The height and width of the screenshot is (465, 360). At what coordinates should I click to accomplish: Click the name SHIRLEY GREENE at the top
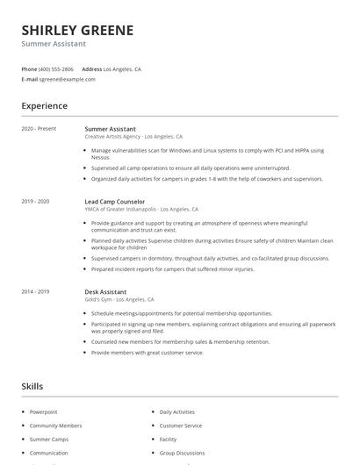coord(77,30)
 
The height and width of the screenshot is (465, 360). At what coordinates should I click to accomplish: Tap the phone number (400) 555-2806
coord(56,68)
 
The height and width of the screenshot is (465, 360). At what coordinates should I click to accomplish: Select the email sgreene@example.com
coord(67,79)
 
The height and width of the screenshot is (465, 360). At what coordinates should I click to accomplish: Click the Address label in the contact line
coord(91,68)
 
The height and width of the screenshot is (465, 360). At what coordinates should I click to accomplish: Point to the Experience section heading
coord(44,106)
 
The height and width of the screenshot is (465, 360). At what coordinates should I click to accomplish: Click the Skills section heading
coord(32,386)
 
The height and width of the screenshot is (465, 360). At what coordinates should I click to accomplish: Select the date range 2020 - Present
coord(39,129)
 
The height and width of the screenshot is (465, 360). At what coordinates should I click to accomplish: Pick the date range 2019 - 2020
coord(35,201)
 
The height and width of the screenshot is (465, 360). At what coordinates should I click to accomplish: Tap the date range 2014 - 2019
coord(35,291)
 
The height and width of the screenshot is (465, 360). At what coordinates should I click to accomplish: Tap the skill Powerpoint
coord(43,411)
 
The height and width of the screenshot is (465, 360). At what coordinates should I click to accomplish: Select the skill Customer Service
coord(180,426)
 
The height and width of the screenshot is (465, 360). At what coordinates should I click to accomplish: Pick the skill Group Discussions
coord(183,453)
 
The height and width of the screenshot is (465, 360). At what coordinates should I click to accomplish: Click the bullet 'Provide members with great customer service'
coord(147,352)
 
